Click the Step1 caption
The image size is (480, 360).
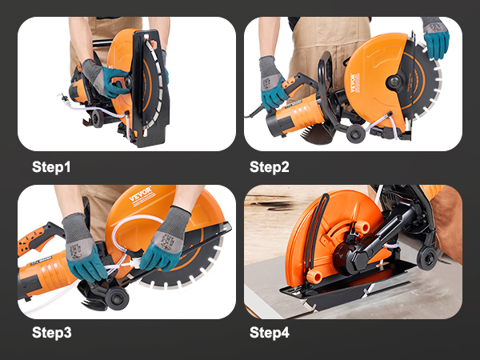(51, 167)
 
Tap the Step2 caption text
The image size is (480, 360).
(270, 167)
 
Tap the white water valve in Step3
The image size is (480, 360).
(137, 259)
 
